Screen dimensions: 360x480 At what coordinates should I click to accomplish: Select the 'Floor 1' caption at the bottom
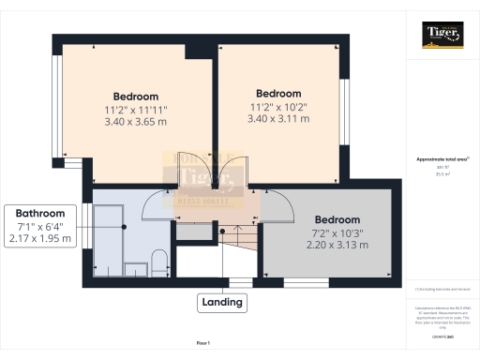coord(202,344)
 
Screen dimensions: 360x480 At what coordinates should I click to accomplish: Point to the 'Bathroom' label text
coord(39,213)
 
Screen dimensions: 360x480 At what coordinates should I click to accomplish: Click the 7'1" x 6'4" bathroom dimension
coord(39,226)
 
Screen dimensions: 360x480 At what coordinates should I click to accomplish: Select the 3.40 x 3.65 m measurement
coord(136,122)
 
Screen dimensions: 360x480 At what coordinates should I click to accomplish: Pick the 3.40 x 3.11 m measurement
coord(278,119)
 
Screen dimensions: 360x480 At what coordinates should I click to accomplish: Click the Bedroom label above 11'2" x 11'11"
coord(136,97)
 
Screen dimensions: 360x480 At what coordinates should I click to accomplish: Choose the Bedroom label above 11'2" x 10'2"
coord(278,94)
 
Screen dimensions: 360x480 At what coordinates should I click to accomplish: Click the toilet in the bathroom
coord(159,260)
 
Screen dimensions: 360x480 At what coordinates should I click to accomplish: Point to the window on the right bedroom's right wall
coord(344,103)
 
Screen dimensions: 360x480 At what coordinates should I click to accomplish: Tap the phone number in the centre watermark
coord(203,199)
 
